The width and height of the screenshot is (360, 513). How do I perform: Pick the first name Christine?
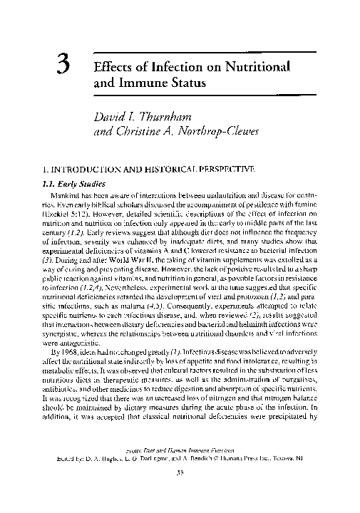(x=145, y=131)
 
